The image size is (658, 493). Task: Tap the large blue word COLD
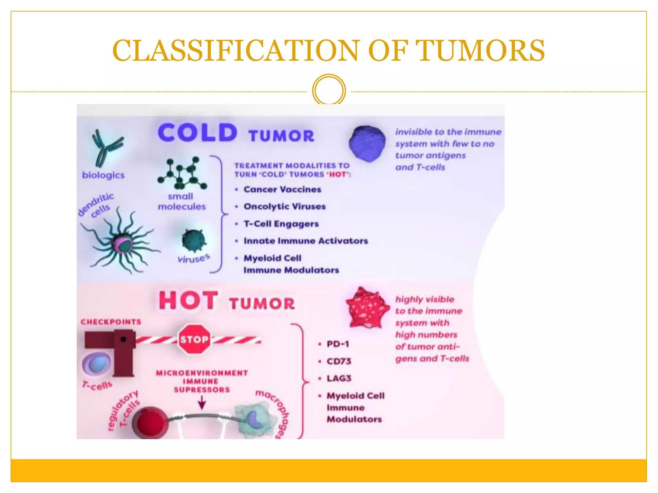197,133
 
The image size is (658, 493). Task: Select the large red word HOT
189,301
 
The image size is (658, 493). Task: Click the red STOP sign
194,339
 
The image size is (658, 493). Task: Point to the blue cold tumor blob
367,143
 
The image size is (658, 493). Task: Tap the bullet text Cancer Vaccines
282,189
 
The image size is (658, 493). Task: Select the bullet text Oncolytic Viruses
284,206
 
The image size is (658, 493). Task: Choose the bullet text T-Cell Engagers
281,224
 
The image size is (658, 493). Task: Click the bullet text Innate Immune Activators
306,241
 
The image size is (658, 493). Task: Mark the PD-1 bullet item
338,344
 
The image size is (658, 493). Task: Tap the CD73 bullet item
339,361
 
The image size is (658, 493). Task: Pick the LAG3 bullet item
339,378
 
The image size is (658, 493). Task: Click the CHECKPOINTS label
111,322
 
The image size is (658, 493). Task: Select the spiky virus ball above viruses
194,240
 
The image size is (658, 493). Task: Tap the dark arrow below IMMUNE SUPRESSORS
201,402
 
